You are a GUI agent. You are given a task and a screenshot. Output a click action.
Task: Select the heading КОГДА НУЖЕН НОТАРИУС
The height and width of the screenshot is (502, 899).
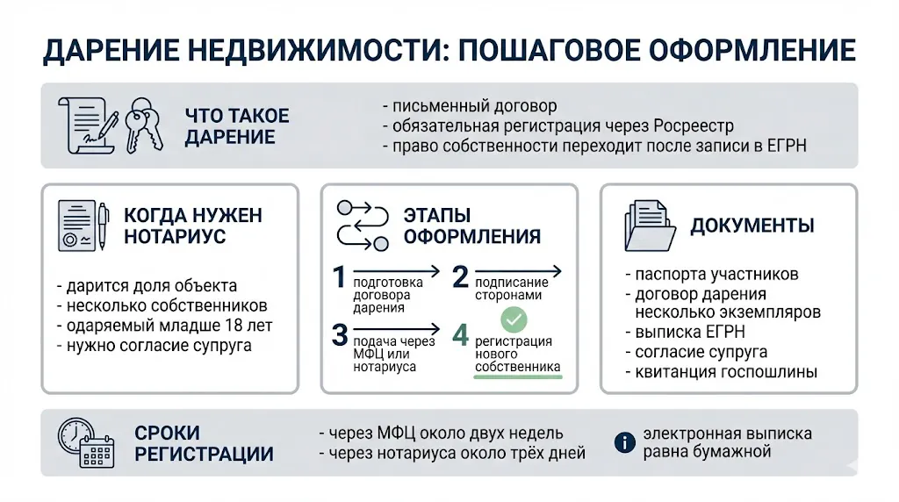(x=192, y=226)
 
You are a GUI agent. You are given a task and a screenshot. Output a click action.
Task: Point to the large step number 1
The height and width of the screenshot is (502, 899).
(x=340, y=279)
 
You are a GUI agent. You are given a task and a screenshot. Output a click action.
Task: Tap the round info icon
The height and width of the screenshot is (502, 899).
(x=624, y=443)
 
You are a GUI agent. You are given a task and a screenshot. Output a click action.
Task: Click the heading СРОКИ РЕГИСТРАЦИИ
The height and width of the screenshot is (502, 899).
(x=203, y=443)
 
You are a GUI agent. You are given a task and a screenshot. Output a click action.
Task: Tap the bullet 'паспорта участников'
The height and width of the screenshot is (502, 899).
(x=711, y=274)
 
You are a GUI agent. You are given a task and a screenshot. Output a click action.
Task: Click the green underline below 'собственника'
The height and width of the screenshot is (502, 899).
(x=517, y=377)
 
